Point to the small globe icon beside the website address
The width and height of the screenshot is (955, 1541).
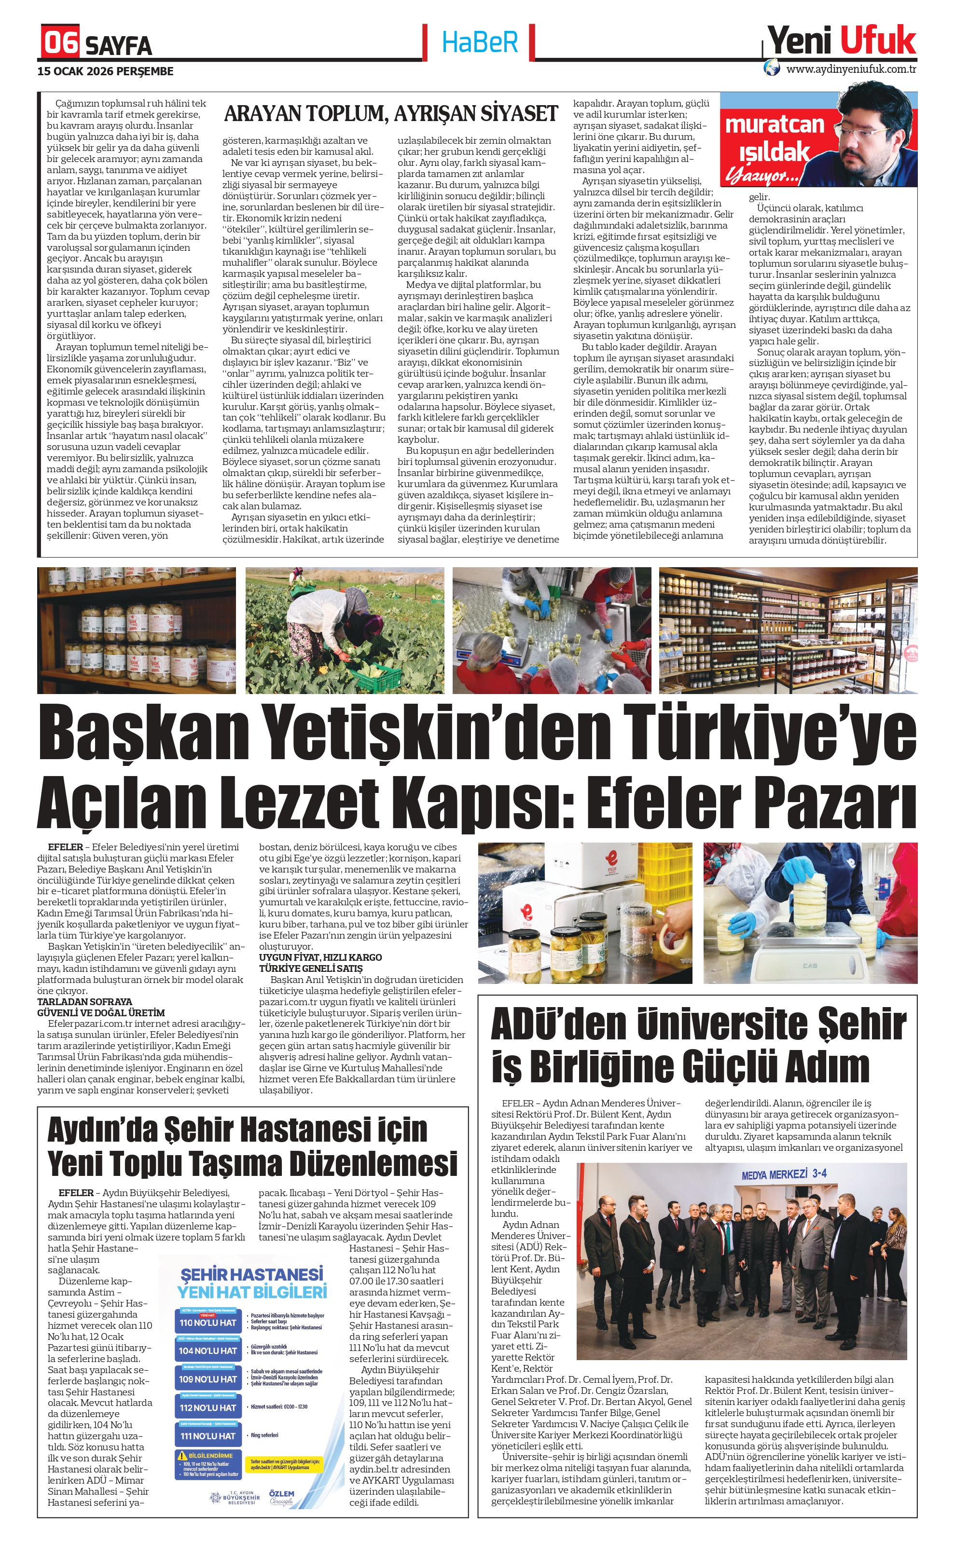(771, 68)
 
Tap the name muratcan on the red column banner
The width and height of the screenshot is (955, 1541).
(775, 124)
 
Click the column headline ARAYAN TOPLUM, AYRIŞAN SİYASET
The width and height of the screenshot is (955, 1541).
(391, 114)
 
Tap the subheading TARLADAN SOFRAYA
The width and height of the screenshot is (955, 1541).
(84, 1001)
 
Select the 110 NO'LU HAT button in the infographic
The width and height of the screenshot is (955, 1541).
(208, 1323)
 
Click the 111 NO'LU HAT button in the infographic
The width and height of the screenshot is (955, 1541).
(208, 1435)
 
